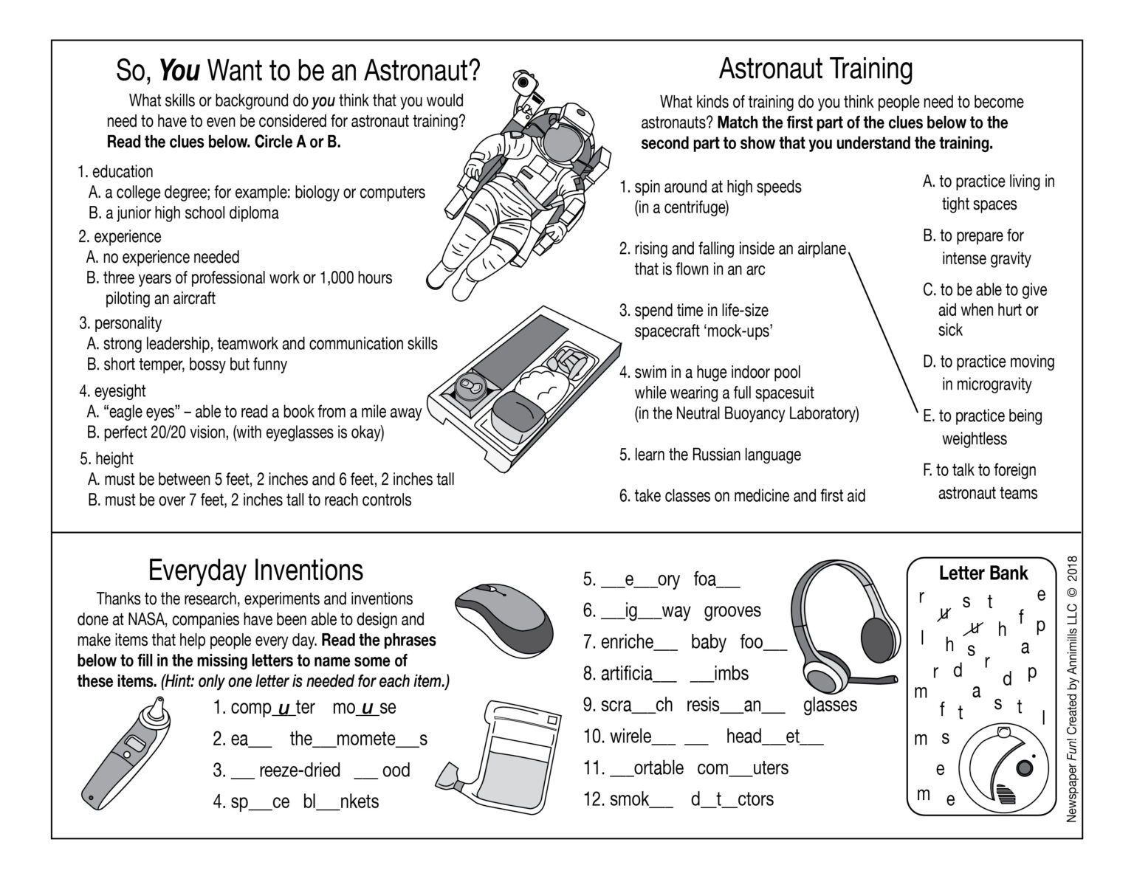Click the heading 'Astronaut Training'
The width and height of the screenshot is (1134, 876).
[815, 69]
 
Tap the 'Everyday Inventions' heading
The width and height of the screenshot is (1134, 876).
[255, 570]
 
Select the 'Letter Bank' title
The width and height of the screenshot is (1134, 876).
[983, 573]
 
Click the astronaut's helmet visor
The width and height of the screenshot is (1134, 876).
[563, 136]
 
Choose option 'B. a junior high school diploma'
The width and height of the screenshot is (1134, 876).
[184, 213]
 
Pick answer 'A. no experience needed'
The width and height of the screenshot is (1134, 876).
[163, 258]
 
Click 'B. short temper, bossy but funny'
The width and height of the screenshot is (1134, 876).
[188, 365]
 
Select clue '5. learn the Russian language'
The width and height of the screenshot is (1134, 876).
[710, 455]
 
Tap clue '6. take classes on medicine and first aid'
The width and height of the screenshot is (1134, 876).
[742, 496]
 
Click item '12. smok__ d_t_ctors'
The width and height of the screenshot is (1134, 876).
[678, 799]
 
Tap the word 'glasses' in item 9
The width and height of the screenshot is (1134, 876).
[830, 705]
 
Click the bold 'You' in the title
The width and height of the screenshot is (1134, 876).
[179, 71]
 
